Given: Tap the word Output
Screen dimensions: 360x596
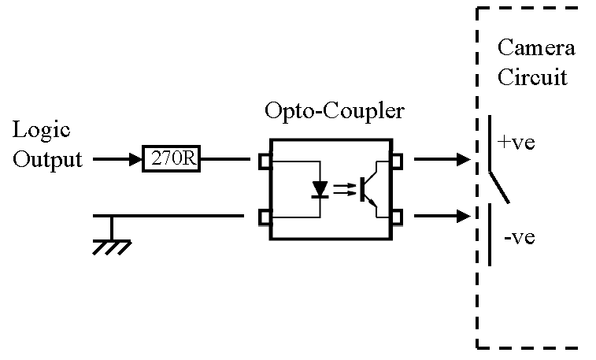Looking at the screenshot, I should pyautogui.click(x=47, y=160).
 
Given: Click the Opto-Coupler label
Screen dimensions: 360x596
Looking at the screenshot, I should pyautogui.click(x=335, y=111).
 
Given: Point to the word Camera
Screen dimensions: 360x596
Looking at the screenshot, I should pyautogui.click(x=535, y=48).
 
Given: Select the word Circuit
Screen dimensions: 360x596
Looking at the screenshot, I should pyautogui.click(x=532, y=78).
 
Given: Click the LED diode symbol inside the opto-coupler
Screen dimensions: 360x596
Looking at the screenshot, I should pyautogui.click(x=319, y=190).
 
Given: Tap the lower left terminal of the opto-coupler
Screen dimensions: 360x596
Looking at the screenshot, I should pyautogui.click(x=265, y=216).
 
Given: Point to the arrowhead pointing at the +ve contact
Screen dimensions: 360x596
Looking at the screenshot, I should pyautogui.click(x=462, y=160).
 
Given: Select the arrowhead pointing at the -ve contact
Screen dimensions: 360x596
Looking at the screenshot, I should pyautogui.click(x=462, y=215).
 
